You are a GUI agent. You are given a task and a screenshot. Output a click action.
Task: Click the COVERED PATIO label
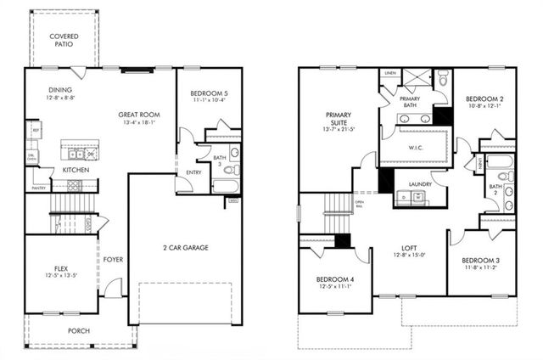[x=64, y=40]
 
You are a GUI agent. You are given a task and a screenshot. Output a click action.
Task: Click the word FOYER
[x=113, y=259]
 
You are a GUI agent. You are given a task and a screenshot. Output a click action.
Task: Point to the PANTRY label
[x=39, y=188]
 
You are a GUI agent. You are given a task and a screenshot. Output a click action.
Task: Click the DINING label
[x=60, y=90]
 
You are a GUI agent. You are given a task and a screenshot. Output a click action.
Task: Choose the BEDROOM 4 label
[x=335, y=279]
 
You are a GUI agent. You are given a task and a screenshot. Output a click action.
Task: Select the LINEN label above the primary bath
[x=389, y=73]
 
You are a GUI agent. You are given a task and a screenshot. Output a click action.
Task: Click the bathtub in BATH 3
[x=227, y=187]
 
